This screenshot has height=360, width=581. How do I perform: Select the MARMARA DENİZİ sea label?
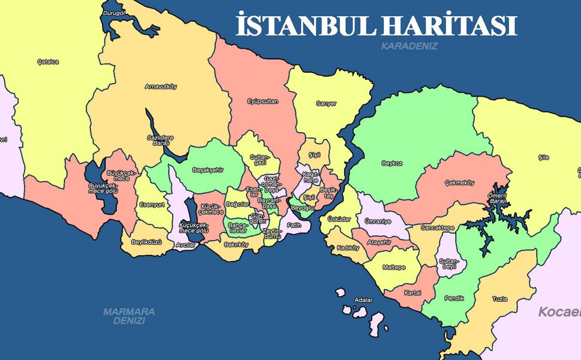[129, 316]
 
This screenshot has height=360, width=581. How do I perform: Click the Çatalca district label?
[48, 61]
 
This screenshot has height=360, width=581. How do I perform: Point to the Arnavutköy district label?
[161, 86]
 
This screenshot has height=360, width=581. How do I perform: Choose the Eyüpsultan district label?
[263, 101]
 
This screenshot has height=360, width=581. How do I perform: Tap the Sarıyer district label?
[327, 104]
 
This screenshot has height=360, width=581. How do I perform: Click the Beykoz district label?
[391, 163]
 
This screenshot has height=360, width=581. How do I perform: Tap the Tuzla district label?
[499, 298]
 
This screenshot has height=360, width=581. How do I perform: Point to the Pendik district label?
[454, 298]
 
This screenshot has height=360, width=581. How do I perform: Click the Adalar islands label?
[363, 299]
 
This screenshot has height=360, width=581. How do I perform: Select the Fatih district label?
[294, 225]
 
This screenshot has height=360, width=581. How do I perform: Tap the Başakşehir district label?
[207, 170]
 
